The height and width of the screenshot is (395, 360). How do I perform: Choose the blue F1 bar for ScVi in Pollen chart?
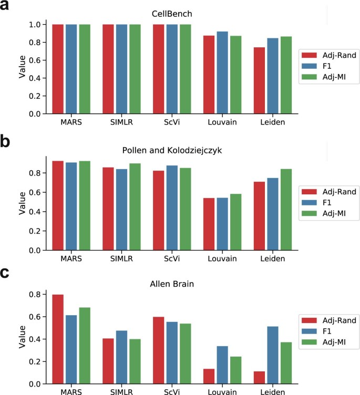coord(171,208)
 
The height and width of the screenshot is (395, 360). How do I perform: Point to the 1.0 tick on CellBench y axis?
coord(35,25)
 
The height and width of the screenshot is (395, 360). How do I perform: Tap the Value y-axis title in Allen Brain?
coord(22,337)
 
